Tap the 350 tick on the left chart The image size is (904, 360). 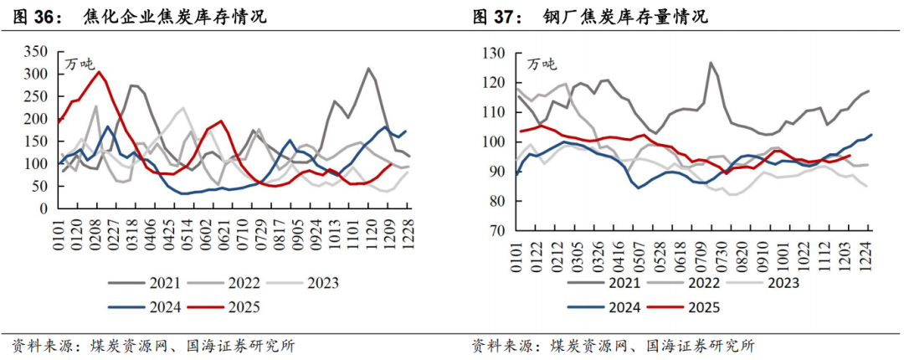pyautogui.click(x=37, y=52)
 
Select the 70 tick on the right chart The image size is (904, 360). pyautogui.click(x=499, y=230)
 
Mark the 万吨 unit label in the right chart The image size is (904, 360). pyautogui.click(x=542, y=64)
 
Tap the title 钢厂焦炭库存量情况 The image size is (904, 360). pyautogui.click(x=624, y=17)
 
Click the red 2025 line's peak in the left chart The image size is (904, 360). pyautogui.click(x=99, y=72)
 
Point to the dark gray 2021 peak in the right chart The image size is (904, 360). pyautogui.click(x=710, y=63)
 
